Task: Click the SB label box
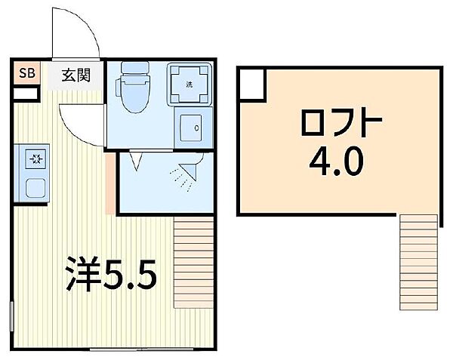click(27, 73)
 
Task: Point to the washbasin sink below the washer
click(189, 128)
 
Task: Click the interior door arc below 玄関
click(81, 122)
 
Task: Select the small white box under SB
click(27, 94)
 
